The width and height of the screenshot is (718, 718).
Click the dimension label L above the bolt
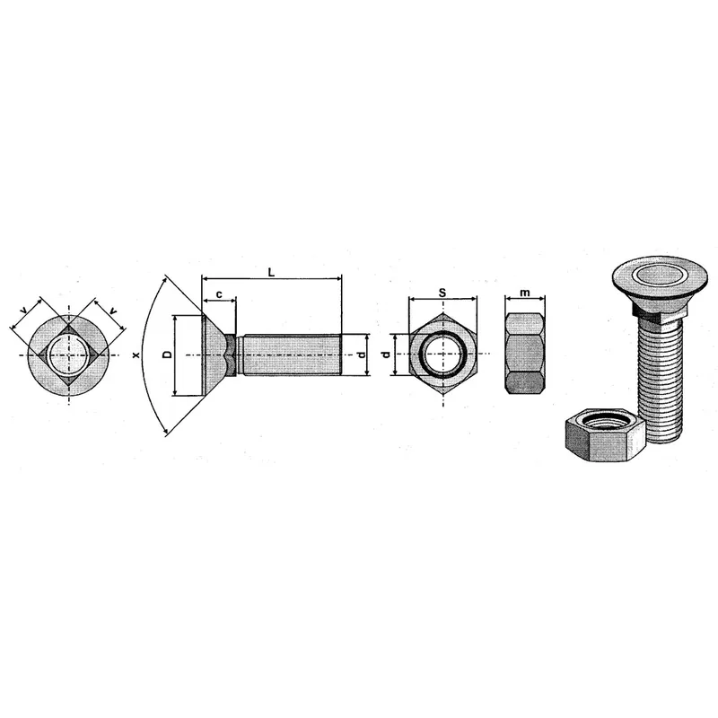pyautogui.click(x=271, y=273)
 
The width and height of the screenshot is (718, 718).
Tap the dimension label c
pyautogui.click(x=219, y=294)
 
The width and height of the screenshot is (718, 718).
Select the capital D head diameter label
pyautogui.click(x=168, y=355)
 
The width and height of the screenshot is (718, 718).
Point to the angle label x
pyautogui.click(x=136, y=355)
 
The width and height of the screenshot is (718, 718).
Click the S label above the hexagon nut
pyautogui.click(x=442, y=293)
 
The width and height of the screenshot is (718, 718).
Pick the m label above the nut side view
pyautogui.click(x=525, y=293)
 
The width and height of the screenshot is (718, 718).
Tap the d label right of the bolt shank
pyautogui.click(x=362, y=355)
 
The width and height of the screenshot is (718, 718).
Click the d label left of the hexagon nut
pyautogui.click(x=386, y=355)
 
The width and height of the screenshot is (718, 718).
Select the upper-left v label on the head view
pyautogui.click(x=24, y=311)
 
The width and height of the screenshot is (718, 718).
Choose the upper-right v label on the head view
pyautogui.click(x=113, y=311)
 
